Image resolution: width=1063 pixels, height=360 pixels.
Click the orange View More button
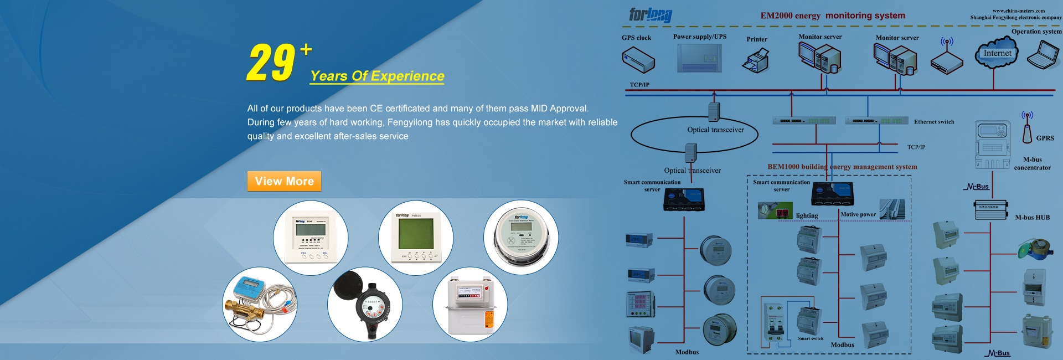284,181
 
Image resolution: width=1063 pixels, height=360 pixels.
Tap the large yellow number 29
271,63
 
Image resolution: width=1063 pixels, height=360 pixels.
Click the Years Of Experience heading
377,76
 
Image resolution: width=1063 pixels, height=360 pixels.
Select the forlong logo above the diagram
651,15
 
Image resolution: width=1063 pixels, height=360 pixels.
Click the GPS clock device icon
638,59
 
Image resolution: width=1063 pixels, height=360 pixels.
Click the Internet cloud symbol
997,53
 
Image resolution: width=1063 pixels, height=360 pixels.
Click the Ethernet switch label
934,122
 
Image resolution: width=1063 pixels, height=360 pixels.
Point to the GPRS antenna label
1045,138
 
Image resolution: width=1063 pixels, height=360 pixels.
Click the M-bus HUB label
1032,218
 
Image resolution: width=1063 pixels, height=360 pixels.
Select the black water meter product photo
364,304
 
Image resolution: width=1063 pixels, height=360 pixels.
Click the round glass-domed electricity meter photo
521,238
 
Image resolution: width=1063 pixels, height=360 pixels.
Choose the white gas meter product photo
469,304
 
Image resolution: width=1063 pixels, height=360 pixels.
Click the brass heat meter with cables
260,304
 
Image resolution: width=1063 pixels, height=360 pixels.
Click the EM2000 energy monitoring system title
833,16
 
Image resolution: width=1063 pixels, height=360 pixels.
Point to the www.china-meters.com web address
1018,11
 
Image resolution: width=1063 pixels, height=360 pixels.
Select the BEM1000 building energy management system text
842,167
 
